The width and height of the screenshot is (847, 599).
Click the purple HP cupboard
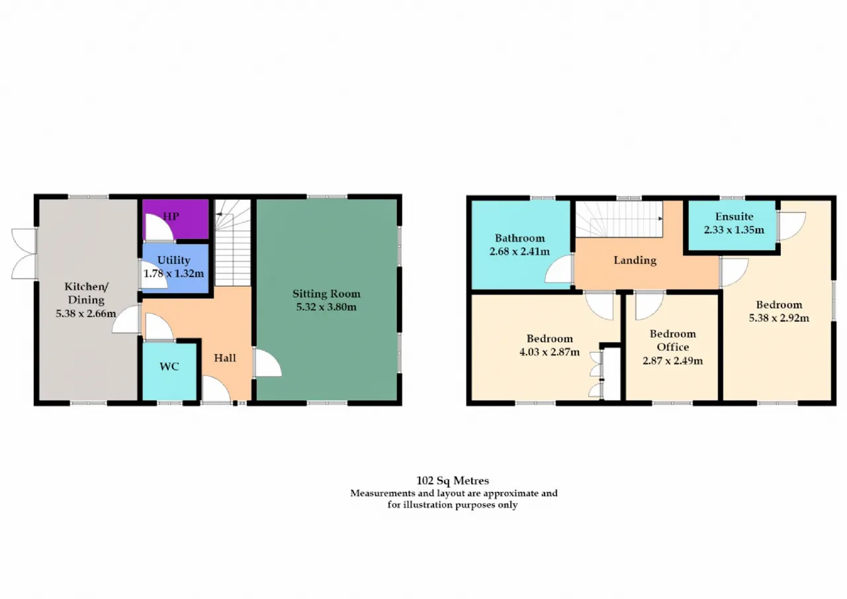pyautogui.click(x=176, y=219)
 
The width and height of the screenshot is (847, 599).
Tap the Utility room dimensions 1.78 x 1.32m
pyautogui.click(x=173, y=273)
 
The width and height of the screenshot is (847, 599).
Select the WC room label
pyautogui.click(x=169, y=367)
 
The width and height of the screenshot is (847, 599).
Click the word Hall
pyautogui.click(x=225, y=357)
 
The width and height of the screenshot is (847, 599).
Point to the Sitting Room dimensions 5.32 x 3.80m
pyautogui.click(x=326, y=306)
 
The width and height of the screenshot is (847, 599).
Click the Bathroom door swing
pyautogui.click(x=558, y=269)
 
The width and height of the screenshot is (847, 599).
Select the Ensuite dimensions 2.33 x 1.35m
pyautogui.click(x=734, y=230)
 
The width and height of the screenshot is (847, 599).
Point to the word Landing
pyautogui.click(x=635, y=261)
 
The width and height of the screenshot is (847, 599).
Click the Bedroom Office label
pyautogui.click(x=673, y=340)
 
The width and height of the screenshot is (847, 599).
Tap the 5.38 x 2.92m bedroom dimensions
pyautogui.click(x=779, y=318)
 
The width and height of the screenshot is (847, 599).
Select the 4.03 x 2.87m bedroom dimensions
pyautogui.click(x=549, y=352)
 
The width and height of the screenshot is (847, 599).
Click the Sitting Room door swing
pyautogui.click(x=268, y=362)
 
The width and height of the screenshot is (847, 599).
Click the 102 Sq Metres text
pyautogui.click(x=453, y=481)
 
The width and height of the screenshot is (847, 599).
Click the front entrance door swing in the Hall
pyautogui.click(x=216, y=388)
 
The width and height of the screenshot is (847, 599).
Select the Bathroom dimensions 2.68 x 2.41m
pyautogui.click(x=519, y=252)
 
